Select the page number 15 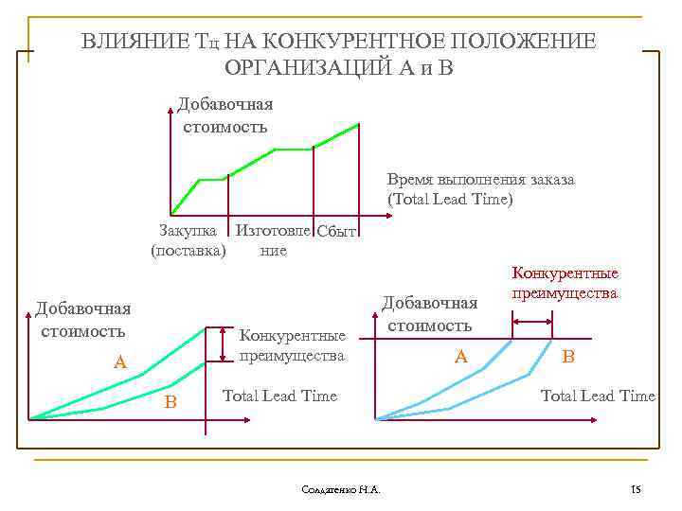click(x=636, y=489)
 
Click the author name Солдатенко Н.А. click(x=340, y=489)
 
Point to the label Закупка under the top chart click(x=188, y=230)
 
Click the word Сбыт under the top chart click(x=336, y=232)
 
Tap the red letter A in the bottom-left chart click(x=119, y=361)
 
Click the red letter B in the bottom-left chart click(x=170, y=402)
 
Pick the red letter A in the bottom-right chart click(x=461, y=356)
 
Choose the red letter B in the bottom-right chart click(x=568, y=357)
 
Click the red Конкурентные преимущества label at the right click(x=565, y=283)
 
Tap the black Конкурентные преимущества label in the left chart click(x=292, y=345)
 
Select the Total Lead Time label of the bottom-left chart click(x=278, y=396)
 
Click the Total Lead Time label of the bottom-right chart click(x=597, y=396)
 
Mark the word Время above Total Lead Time click(x=414, y=179)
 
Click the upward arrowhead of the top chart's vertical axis click(x=171, y=103)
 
